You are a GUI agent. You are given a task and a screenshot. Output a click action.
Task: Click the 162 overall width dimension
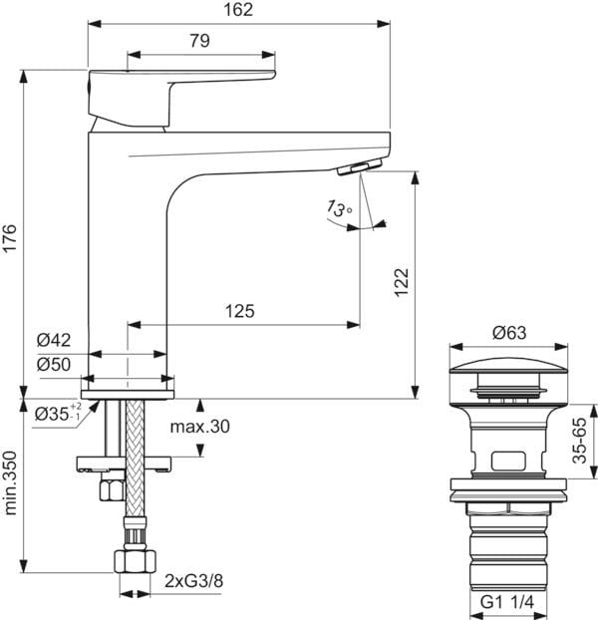pyautogui.click(x=239, y=10)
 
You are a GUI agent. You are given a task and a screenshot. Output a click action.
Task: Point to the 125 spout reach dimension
pyautogui.click(x=238, y=311)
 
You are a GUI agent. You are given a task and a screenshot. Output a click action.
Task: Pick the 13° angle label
pyautogui.click(x=338, y=209)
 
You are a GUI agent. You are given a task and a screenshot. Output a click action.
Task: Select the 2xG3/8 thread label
pyautogui.click(x=193, y=581)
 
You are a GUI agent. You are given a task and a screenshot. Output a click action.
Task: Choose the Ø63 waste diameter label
pyautogui.click(x=507, y=334)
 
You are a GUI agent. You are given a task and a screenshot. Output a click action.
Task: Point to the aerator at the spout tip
pyautogui.click(x=363, y=167)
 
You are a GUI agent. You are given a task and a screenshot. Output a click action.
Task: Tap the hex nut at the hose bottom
pyautogui.click(x=131, y=560)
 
